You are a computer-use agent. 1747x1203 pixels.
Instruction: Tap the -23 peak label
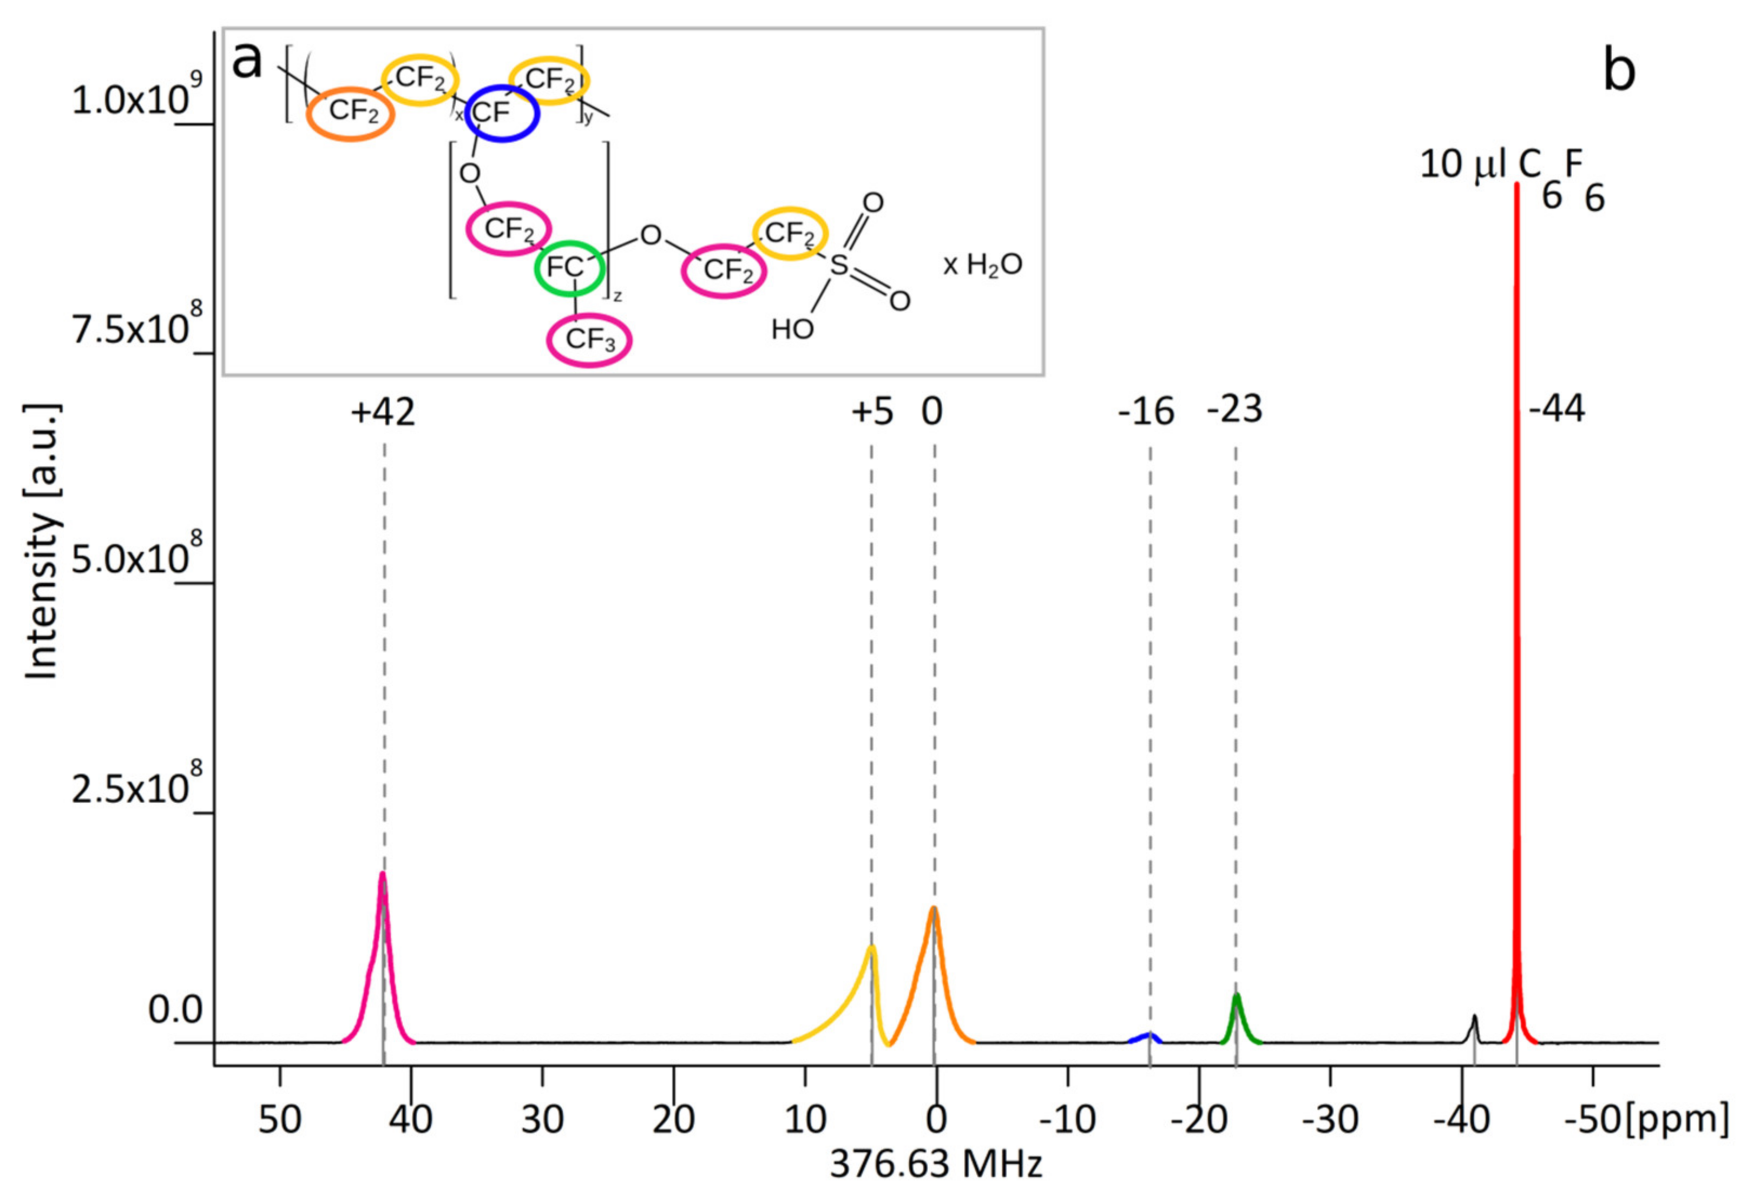tap(1234, 410)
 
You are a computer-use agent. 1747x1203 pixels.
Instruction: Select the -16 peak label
tap(1146, 412)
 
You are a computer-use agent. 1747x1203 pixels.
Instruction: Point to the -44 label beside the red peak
tap(1556, 410)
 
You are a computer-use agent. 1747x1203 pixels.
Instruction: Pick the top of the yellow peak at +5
tap(871, 948)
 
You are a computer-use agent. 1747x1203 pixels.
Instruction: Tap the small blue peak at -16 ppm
tap(1147, 1035)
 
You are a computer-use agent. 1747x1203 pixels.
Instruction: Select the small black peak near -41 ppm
tap(1474, 1019)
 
